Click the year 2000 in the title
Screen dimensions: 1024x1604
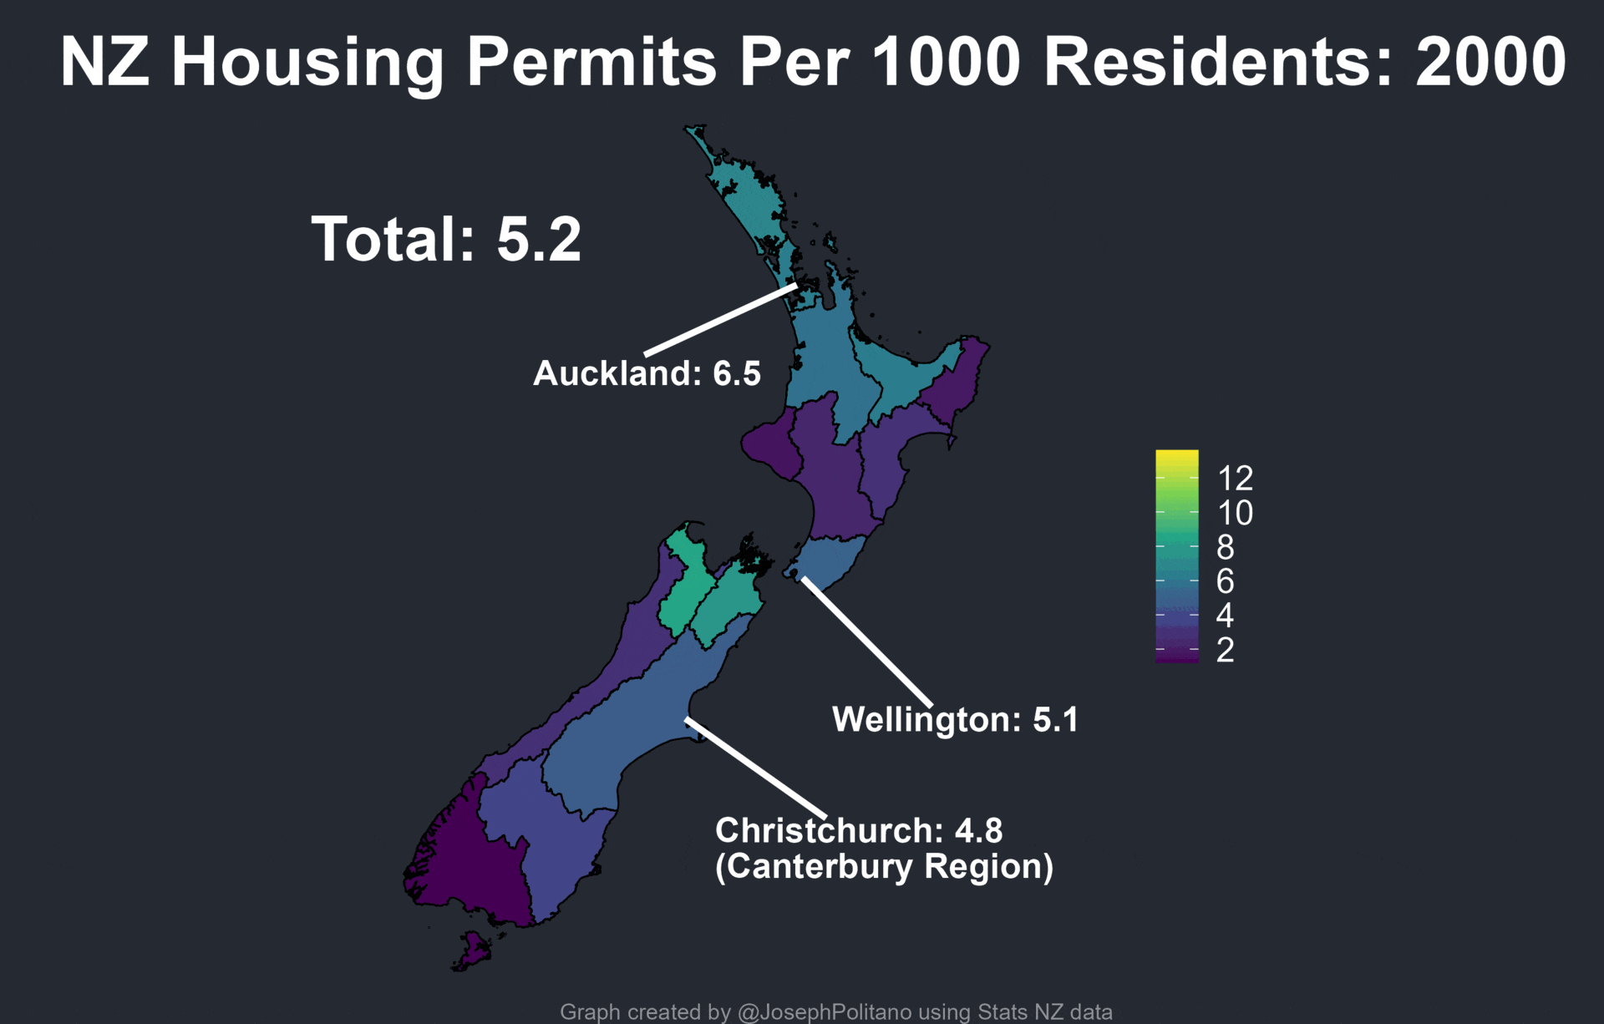click(x=1490, y=62)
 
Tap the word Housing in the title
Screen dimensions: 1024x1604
click(x=307, y=63)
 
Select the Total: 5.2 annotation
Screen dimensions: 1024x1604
click(x=446, y=240)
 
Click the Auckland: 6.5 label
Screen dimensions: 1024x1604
click(x=647, y=373)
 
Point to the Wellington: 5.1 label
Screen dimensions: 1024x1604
click(x=955, y=719)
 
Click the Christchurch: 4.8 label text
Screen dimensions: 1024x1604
click(x=859, y=830)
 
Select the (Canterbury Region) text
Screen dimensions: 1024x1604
click(x=884, y=866)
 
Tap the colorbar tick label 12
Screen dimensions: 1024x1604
click(x=1235, y=479)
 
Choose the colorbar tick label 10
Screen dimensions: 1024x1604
click(x=1235, y=513)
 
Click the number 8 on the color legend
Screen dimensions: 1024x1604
click(x=1226, y=547)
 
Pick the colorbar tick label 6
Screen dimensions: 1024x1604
click(x=1226, y=581)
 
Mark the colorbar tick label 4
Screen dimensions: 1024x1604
click(x=1226, y=616)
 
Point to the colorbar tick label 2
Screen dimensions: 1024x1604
click(x=1226, y=650)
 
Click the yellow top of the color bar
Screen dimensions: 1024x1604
click(x=1176, y=458)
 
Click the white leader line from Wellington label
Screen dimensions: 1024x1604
click(x=867, y=641)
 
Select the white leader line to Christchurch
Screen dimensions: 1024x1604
click(x=756, y=768)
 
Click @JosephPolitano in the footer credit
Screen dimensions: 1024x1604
click(x=825, y=1011)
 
